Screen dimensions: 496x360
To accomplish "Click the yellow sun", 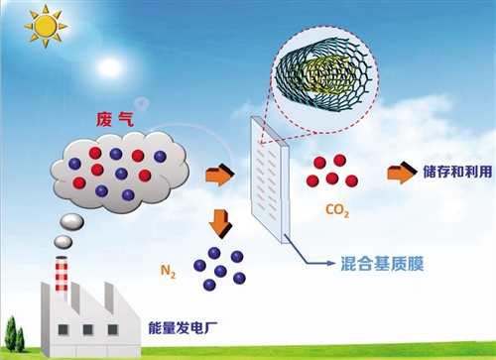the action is tap(46, 26).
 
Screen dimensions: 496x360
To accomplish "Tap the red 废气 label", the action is tap(114, 119).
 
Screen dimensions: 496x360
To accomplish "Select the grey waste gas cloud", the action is tap(120, 172).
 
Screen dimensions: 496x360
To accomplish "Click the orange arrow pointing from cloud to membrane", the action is tap(219, 176).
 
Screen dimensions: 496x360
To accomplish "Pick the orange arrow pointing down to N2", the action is tap(220, 224).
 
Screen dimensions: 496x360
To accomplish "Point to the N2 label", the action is tap(168, 272).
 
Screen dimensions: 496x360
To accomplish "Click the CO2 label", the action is tap(337, 210).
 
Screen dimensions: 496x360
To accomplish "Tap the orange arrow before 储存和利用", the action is tap(402, 173).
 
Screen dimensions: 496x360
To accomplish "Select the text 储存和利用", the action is tap(457, 173).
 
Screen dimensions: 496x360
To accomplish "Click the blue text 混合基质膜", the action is tap(382, 264).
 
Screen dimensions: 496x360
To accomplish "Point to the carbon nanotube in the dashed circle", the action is tap(324, 76).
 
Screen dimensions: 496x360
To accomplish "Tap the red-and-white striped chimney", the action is tap(62, 276).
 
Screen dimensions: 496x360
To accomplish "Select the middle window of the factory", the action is tap(88, 329).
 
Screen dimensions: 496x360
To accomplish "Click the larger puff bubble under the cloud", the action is tap(71, 221).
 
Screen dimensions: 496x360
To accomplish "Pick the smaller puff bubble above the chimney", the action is tap(63, 242).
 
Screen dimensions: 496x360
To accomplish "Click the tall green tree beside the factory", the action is tap(11, 333).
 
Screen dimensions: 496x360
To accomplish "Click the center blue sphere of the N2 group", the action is tap(220, 272).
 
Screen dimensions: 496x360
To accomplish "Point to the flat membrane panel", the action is tap(270, 180).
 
